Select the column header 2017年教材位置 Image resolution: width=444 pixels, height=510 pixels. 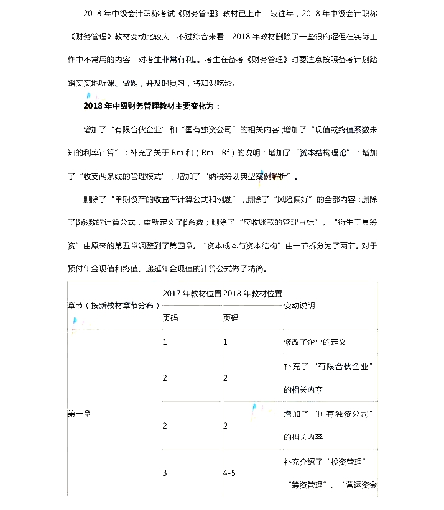(192, 293)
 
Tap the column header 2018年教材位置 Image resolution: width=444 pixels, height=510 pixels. (252, 293)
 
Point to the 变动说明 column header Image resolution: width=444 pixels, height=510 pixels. (299, 306)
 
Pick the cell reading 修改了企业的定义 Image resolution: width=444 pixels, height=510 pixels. (315, 342)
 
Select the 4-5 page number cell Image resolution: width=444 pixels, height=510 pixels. (229, 473)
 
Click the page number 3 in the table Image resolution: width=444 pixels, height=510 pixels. (165, 473)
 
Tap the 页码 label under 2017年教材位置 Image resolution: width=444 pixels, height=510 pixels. (170, 318)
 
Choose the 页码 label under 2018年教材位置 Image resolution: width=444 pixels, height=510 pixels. (231, 318)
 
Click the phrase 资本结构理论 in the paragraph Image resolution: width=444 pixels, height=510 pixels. (325, 153)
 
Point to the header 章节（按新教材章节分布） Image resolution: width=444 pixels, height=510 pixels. (114, 306)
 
